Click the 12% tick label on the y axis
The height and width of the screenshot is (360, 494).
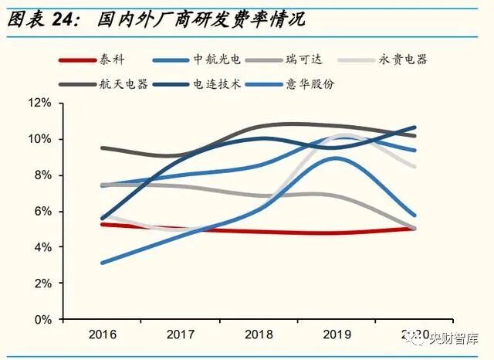point(40,103)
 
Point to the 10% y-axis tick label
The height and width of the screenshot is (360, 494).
point(40,139)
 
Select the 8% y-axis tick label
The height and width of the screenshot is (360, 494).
point(43,175)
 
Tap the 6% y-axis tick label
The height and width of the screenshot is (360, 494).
point(43,211)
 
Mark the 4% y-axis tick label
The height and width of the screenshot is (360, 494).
point(43,247)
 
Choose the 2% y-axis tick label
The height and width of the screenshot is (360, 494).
point(43,284)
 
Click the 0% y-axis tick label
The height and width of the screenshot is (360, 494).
point(43,319)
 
